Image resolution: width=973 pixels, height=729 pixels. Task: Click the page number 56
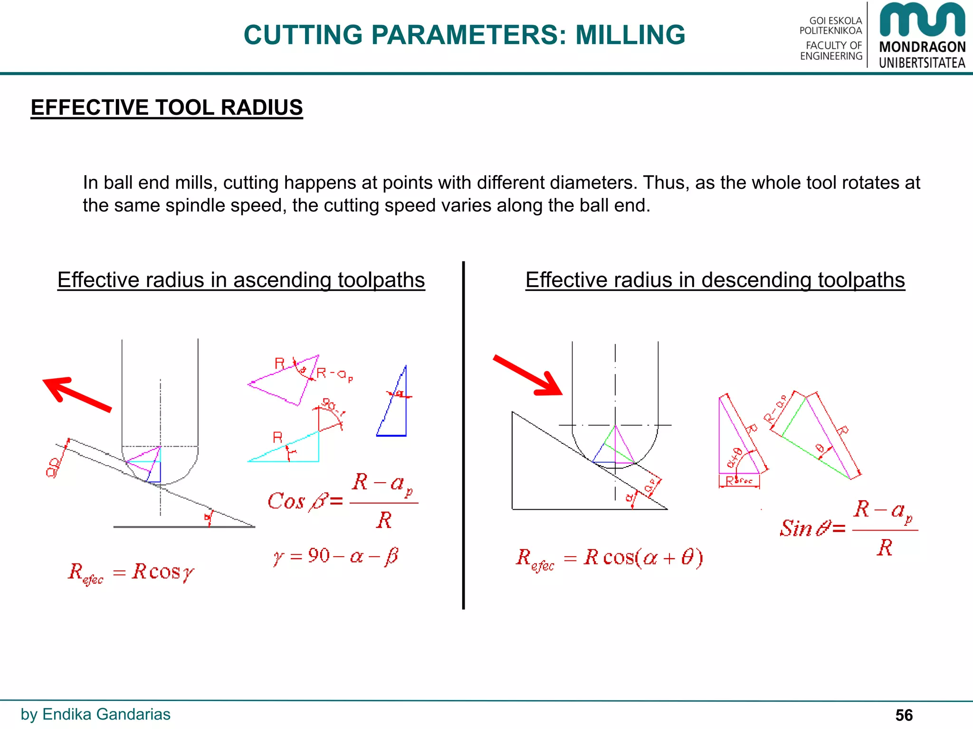click(904, 715)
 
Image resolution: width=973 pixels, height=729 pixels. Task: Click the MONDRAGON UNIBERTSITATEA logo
click(922, 36)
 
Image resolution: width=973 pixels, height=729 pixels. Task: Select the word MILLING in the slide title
click(630, 35)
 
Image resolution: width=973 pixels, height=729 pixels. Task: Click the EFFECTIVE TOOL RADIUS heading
click(167, 108)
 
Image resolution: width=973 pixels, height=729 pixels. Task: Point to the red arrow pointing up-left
click(76, 393)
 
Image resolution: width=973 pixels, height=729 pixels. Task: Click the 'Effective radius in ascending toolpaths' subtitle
click(241, 280)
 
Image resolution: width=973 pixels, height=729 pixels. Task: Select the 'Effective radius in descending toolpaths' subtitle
click(715, 280)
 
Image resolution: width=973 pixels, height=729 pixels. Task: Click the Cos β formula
click(342, 501)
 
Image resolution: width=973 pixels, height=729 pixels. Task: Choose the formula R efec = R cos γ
click(131, 572)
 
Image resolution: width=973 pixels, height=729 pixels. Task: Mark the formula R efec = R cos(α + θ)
click(610, 558)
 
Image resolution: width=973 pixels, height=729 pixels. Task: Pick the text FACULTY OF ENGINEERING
click(831, 51)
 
